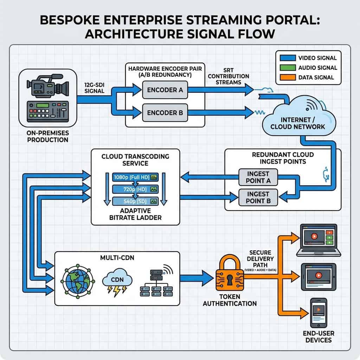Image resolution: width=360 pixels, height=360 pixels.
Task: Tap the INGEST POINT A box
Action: coord(258,177)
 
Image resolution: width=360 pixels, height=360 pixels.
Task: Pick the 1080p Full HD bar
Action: coord(135,178)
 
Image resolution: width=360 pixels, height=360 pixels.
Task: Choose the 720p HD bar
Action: coord(135,189)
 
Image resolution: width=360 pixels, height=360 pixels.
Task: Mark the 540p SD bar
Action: coord(135,201)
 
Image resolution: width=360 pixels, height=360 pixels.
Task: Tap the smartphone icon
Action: coord(318,313)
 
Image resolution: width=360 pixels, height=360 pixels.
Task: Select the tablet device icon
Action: coord(319,277)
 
